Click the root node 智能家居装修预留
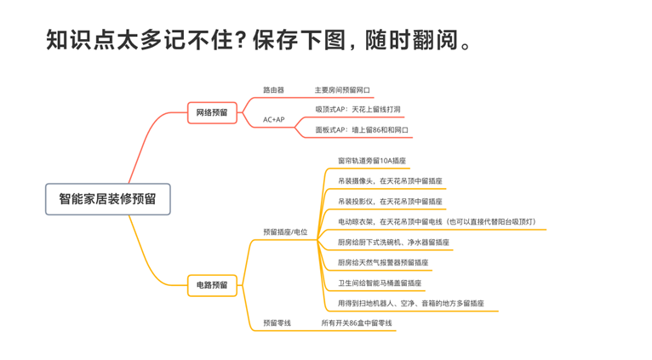tap(107, 199)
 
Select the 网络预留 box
tap(212, 111)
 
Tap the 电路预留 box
tap(212, 284)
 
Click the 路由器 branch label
tap(273, 89)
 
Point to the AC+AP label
tap(273, 120)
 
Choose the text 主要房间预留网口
tap(342, 89)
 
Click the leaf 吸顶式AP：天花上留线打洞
tap(357, 110)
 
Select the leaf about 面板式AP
tap(362, 130)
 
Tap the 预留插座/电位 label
tap(285, 232)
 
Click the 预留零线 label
tap(277, 323)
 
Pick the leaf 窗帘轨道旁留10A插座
tap(372, 160)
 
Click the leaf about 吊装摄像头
tap(390, 180)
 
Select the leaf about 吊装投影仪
tap(390, 202)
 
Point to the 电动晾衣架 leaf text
tap(437, 222)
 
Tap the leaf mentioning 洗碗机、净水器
tap(393, 243)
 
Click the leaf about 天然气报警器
tap(383, 263)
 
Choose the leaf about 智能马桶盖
tap(380, 283)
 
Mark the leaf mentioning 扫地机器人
tap(411, 304)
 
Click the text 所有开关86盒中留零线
tap(357, 323)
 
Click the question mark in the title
tap(243, 40)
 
